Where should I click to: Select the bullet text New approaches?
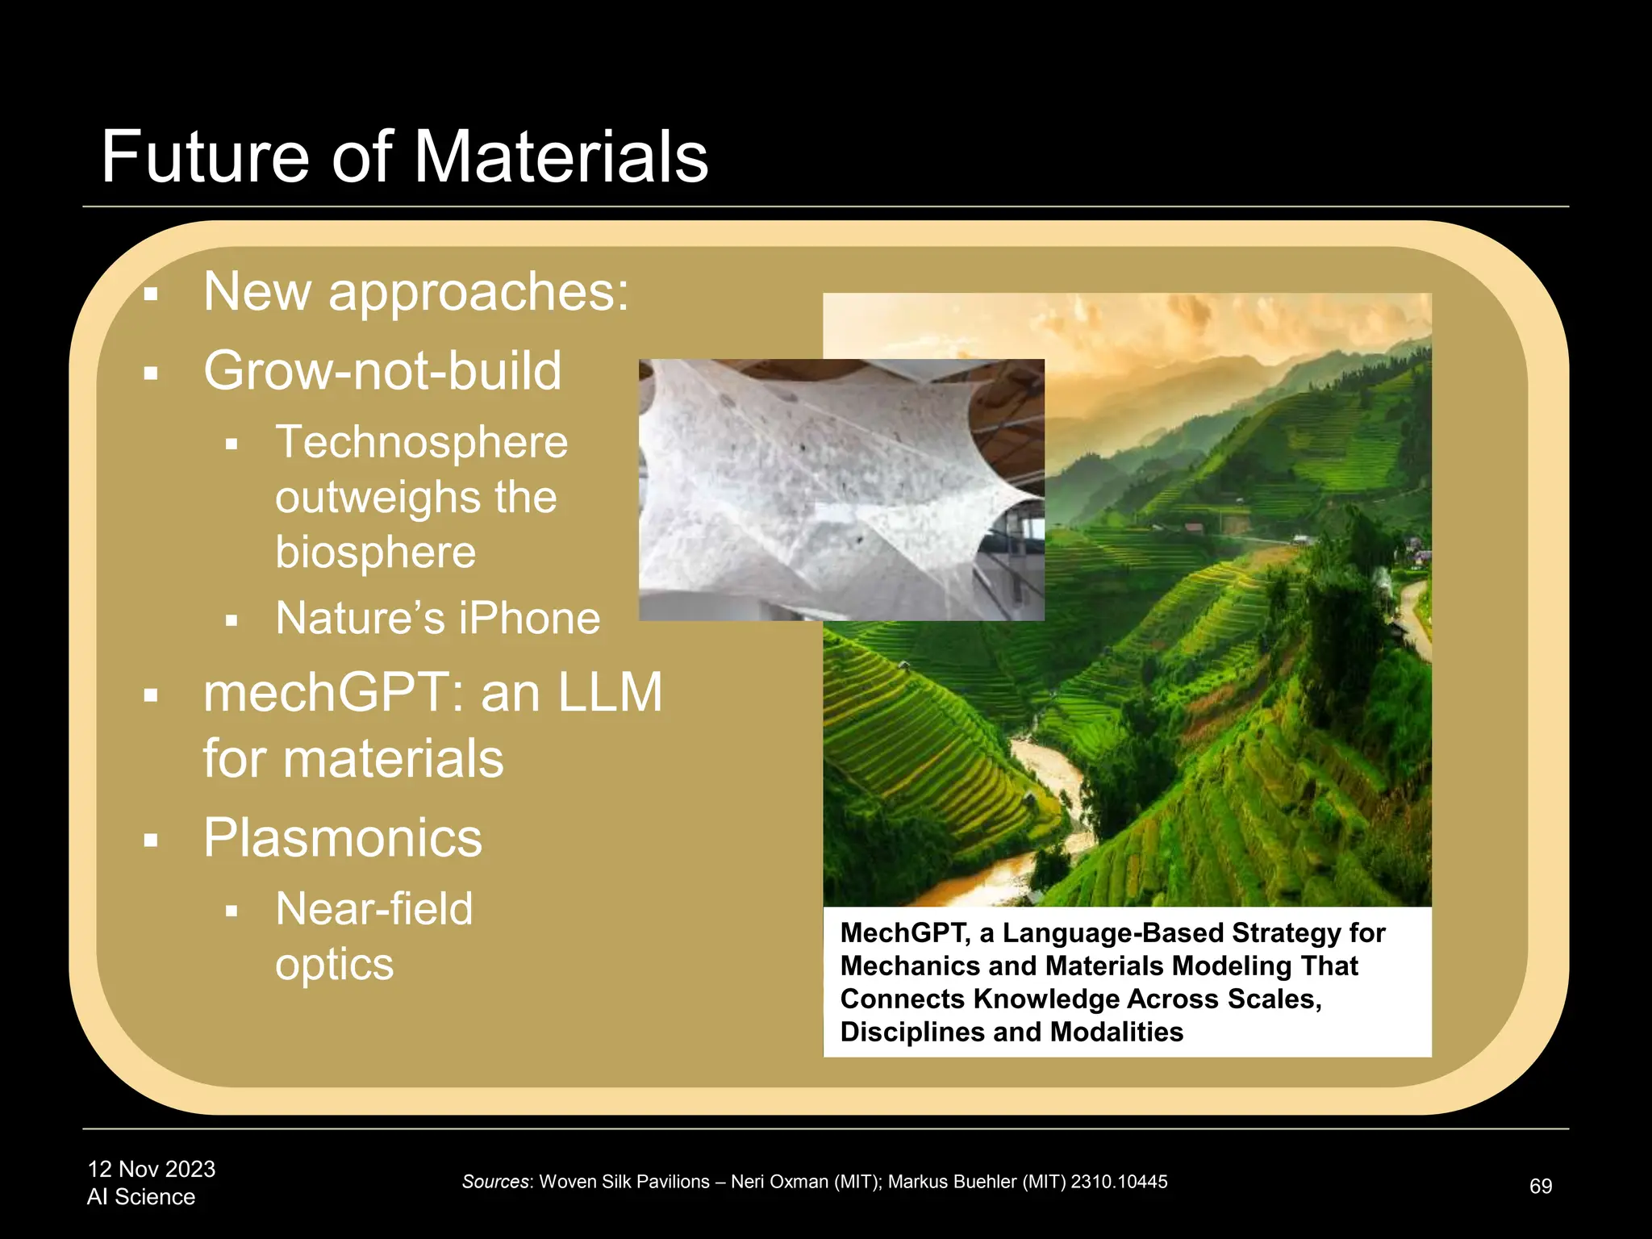click(x=415, y=291)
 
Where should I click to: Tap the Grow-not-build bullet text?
click(x=382, y=371)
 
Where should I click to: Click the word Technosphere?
click(x=421, y=442)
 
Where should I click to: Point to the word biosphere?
click(x=375, y=553)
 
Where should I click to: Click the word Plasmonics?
click(x=342, y=838)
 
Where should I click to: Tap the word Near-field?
click(x=373, y=909)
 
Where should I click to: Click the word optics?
click(x=334, y=965)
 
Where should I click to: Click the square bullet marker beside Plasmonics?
click(x=151, y=841)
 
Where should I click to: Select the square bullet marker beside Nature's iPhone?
click(x=232, y=621)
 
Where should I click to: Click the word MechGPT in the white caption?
click(x=903, y=933)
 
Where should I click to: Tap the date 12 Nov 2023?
click(x=151, y=1170)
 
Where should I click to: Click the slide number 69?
click(x=1540, y=1187)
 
